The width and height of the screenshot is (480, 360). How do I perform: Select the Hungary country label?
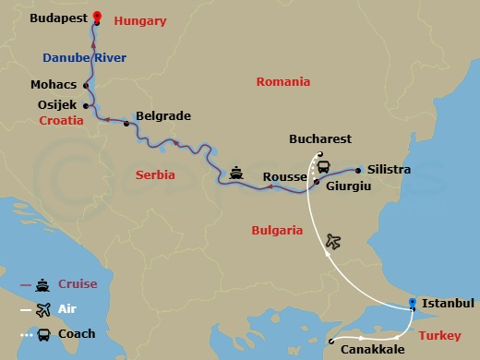click(x=141, y=19)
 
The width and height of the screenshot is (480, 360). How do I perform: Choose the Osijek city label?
click(x=56, y=104)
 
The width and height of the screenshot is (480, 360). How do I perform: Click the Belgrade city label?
click(x=162, y=116)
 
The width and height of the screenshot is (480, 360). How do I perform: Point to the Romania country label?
click(x=282, y=81)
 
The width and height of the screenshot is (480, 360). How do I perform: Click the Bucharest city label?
click(x=320, y=138)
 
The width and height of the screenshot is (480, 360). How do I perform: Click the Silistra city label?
click(x=389, y=171)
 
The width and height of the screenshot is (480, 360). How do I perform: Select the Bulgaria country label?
click(x=277, y=230)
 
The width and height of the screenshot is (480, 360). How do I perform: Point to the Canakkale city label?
click(x=369, y=350)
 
